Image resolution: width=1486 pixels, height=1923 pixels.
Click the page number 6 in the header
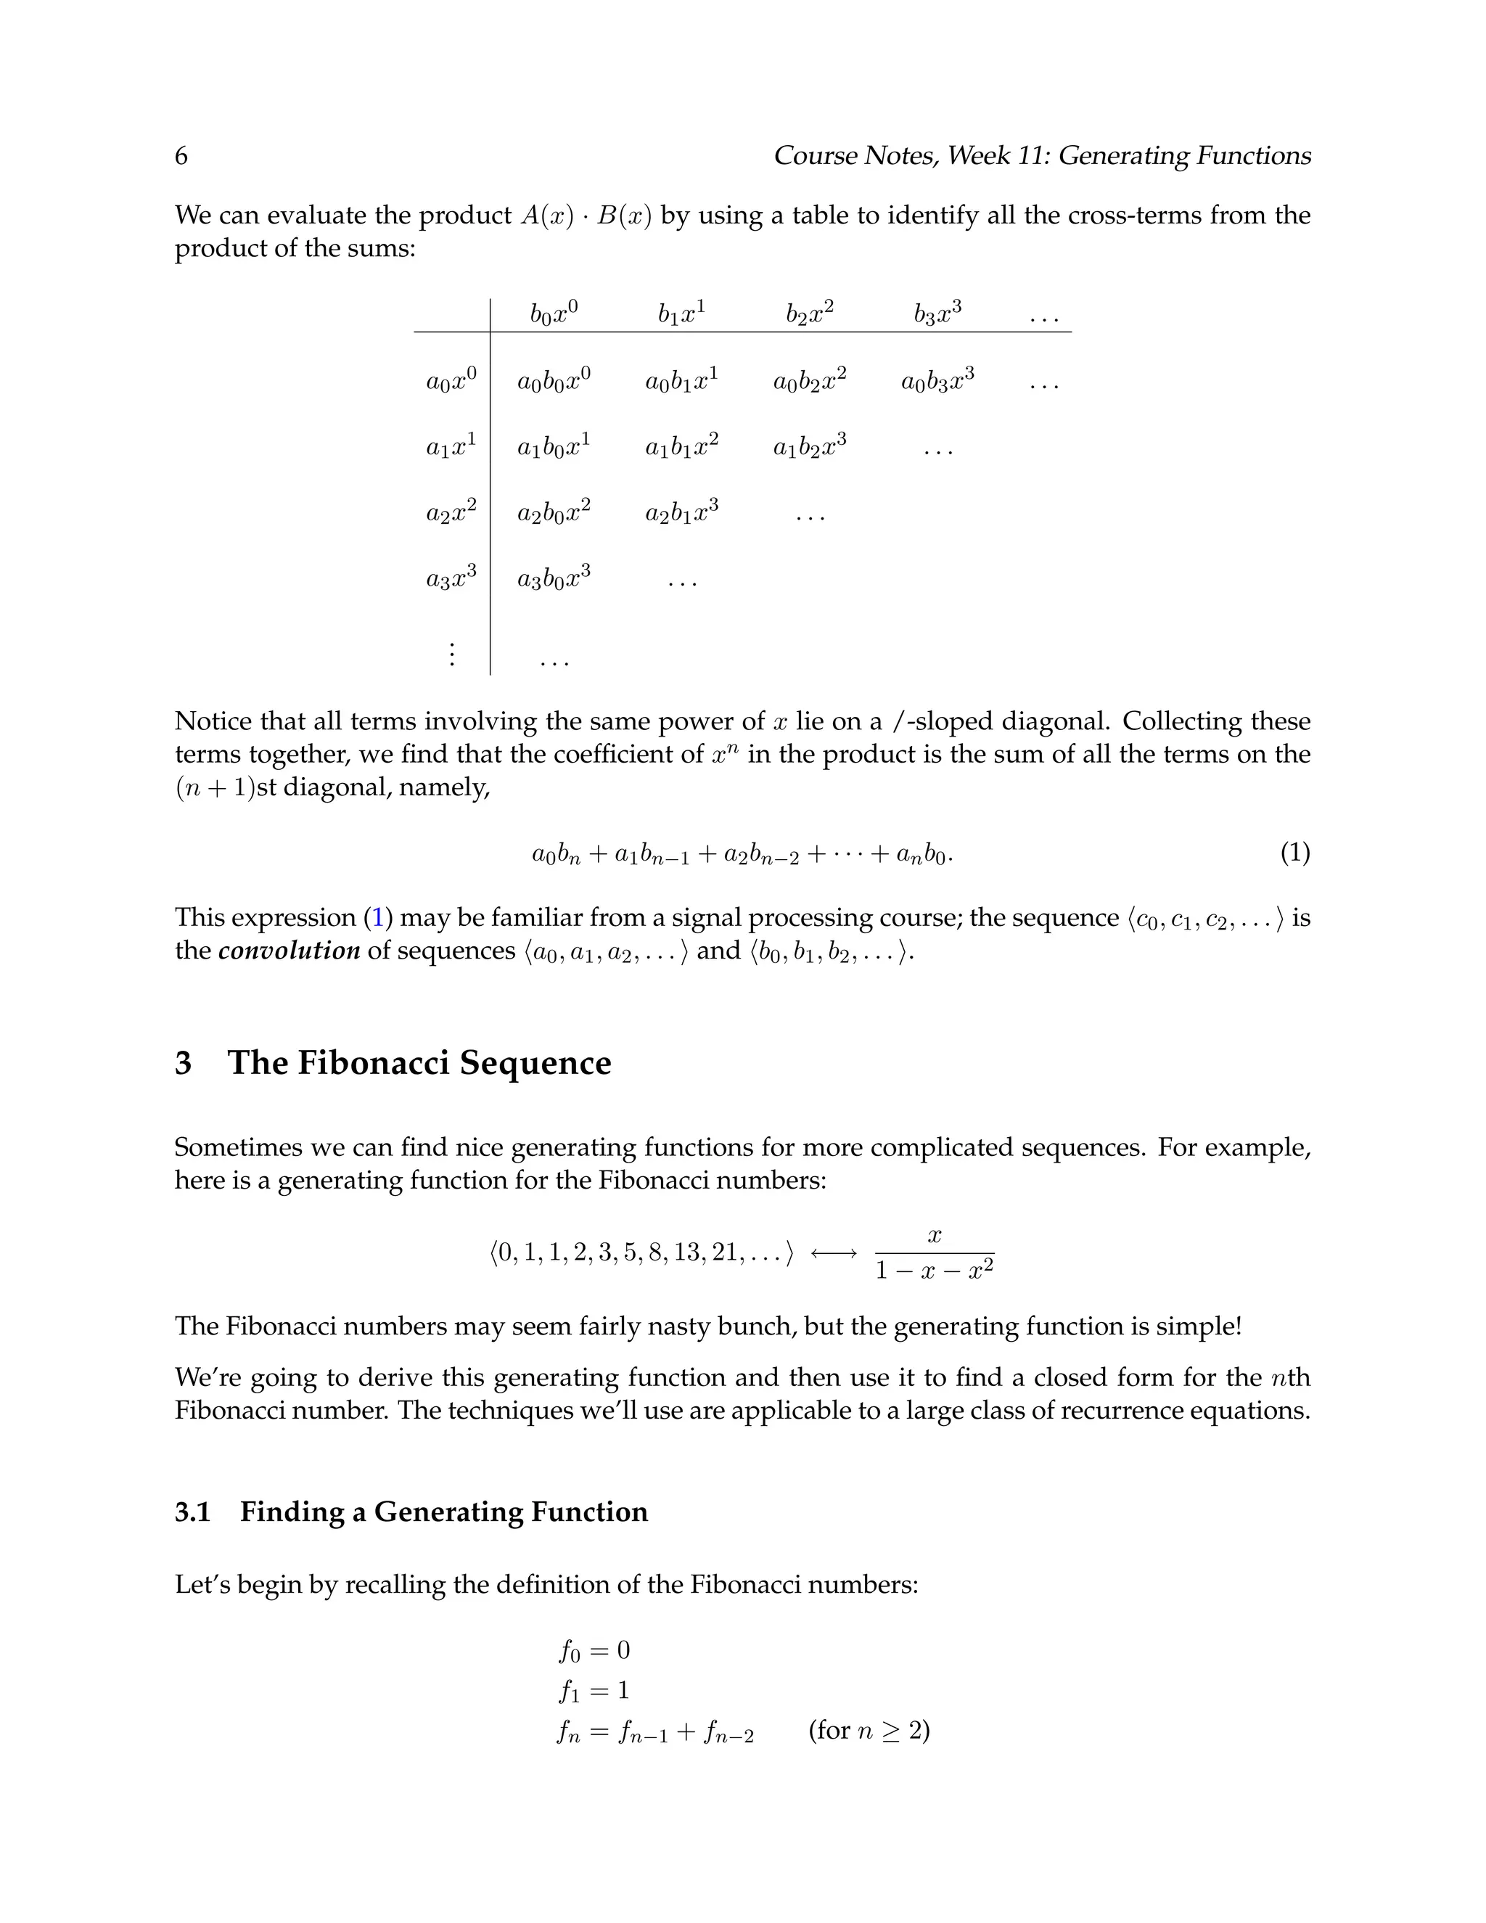coord(181,156)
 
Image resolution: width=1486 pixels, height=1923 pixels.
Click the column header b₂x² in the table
coord(810,313)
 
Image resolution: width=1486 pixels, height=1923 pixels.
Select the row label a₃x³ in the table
coord(451,578)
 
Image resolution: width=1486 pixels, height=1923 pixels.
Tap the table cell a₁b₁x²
coord(682,446)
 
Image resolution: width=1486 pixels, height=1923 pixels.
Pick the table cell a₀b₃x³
coord(937,380)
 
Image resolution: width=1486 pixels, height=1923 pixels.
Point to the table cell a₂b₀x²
coord(554,512)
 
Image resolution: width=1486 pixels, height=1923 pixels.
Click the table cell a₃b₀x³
coord(554,578)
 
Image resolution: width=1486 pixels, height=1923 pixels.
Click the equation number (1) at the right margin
coord(1295,853)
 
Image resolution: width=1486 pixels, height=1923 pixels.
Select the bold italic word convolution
coord(289,951)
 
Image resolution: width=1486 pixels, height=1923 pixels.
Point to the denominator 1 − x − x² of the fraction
coord(934,1271)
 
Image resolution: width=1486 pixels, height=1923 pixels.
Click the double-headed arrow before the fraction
coord(833,1253)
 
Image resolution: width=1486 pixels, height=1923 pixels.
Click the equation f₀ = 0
coord(594,1650)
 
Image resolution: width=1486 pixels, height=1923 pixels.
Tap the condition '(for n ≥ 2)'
coord(869,1730)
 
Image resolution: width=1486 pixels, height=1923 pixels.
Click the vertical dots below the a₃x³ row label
coord(451,655)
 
